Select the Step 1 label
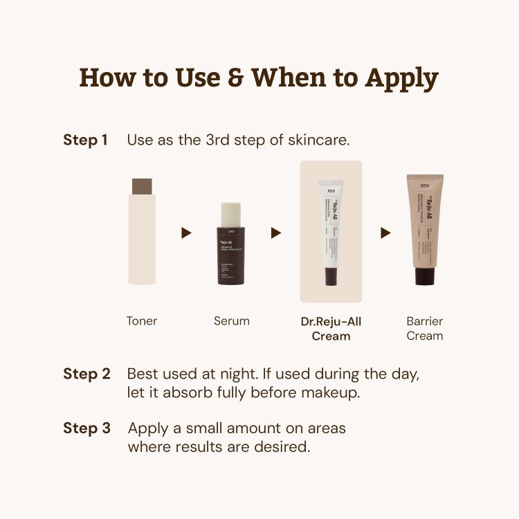point(85,140)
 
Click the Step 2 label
point(86,374)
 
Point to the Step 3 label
point(86,428)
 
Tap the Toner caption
point(142,321)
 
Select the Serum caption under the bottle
point(232,321)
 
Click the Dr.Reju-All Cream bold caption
point(331,329)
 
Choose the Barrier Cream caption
point(424,329)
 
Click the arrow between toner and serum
point(186,233)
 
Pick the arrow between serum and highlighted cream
point(275,233)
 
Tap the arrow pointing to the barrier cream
point(385,233)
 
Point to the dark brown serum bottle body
point(232,256)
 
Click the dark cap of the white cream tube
point(331,277)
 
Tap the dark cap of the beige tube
point(424,275)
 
